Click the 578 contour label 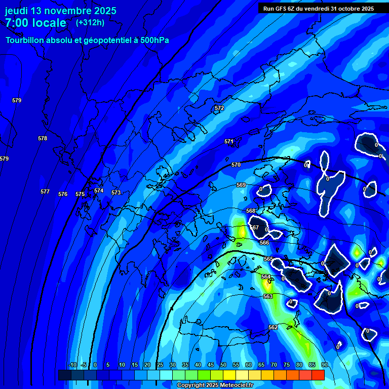43,138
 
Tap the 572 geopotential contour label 219,108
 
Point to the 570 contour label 236,165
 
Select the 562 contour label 273,327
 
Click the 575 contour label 80,194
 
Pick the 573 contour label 116,192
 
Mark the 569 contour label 241,185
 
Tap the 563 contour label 268,296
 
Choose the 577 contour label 45,191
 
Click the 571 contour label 229,141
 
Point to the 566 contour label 264,243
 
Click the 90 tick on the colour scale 324,365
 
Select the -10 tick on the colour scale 72,365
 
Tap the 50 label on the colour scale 223,365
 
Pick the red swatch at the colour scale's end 318,375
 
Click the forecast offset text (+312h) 90,23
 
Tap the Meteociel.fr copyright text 215,385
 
